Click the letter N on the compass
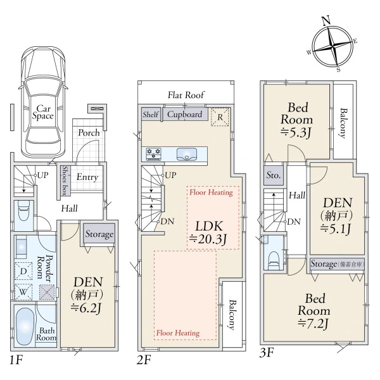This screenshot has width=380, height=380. pos(326,20)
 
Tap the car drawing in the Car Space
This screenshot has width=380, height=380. pos(43,101)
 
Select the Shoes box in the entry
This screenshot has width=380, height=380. pos(65,180)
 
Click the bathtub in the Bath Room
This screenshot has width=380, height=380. pos(25,326)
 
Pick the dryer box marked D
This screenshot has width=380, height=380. pos(23,271)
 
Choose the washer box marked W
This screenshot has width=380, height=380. pos(23,291)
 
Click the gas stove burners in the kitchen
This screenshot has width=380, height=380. pos(153,154)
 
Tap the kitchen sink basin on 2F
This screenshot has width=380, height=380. pos(187,154)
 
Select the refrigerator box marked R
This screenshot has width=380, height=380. pos(220,117)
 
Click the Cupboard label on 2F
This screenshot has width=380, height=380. pos(185,114)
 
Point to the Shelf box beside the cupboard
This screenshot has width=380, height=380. pos(151,114)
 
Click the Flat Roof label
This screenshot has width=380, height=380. pos(186,95)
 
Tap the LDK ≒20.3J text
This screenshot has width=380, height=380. pos(208,232)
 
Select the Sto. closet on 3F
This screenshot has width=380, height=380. pos(274,175)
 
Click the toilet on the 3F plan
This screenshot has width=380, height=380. pos(274,260)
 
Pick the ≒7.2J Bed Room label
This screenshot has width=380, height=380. pos(314,311)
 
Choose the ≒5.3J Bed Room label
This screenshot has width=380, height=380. pos(296,120)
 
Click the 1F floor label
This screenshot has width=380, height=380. pos(16,360)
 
